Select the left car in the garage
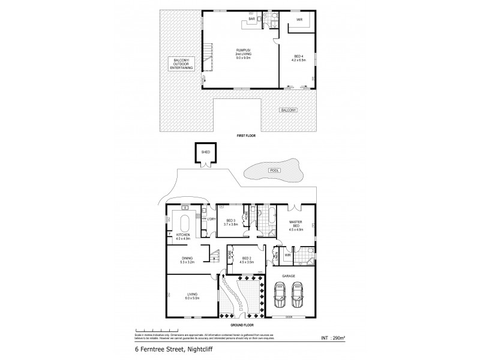pos(278,294)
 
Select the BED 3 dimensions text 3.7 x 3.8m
pos(230,224)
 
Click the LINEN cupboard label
pos(277,257)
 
